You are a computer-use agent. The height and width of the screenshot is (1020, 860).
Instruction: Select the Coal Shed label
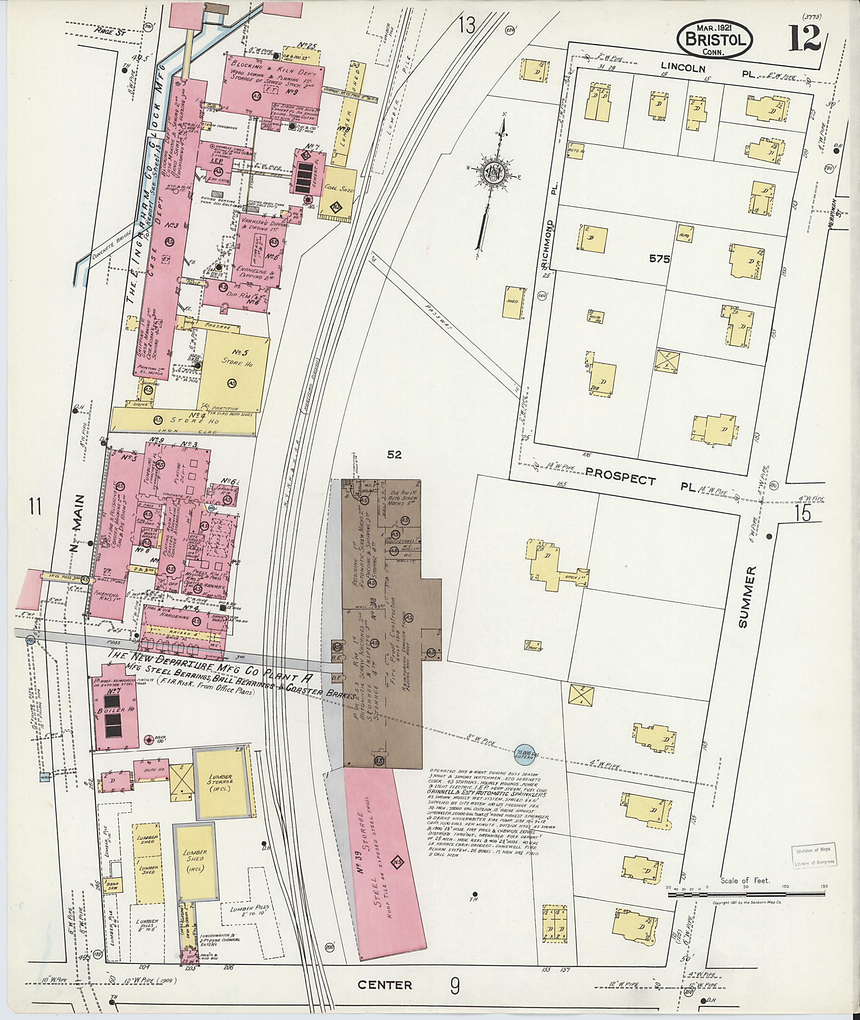(x=340, y=188)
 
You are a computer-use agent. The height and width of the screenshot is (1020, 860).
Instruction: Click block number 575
(x=659, y=260)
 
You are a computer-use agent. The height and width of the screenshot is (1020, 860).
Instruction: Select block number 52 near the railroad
(x=393, y=455)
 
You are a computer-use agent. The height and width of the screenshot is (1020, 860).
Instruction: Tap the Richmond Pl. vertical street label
(x=551, y=244)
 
